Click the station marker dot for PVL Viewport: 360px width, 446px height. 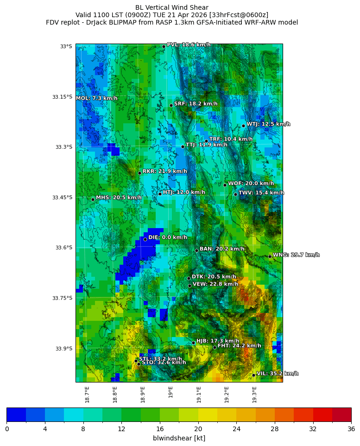[164, 46]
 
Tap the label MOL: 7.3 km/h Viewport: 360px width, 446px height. [96, 98]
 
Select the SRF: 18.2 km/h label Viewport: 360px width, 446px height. [196, 104]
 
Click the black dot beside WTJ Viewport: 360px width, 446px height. [243, 126]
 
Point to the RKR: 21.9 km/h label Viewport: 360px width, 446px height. [164, 172]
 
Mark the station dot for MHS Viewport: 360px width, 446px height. [93, 199]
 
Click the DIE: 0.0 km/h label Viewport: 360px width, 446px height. [168, 237]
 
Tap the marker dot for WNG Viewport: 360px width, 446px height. [270, 256]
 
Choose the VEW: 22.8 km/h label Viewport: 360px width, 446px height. [215, 284]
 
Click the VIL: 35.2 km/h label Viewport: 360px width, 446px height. [278, 374]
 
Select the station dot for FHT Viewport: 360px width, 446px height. [215, 347]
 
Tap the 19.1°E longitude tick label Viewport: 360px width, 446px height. [199, 395]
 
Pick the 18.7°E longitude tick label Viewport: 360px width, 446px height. [87, 395]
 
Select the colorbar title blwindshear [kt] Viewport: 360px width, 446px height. [179, 438]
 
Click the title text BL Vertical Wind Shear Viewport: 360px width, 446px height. [172, 7]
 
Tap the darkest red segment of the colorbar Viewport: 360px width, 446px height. [341, 414]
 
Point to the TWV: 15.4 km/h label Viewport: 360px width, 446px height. [261, 193]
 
